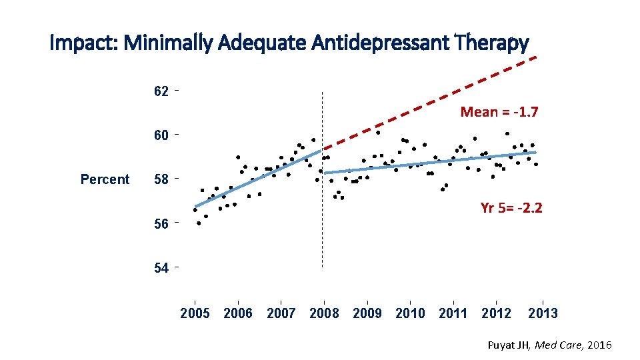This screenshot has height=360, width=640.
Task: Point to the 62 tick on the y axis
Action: coord(161,91)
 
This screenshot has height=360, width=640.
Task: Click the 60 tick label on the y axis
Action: coord(161,135)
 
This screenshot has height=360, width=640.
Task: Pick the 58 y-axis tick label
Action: coord(161,179)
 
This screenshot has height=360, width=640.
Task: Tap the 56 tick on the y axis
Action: coord(161,224)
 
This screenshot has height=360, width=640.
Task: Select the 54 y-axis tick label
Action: coord(161,268)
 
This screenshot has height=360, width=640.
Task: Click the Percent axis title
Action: coord(105,179)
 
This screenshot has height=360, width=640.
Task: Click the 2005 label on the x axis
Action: coord(195,313)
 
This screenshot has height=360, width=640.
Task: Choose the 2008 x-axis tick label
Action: coord(324,313)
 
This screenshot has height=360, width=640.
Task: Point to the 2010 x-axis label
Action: coord(410,313)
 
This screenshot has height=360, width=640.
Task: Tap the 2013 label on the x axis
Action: coord(543,313)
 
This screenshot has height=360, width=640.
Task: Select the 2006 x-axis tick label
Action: coord(238,313)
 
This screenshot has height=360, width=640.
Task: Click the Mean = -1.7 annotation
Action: coord(499,112)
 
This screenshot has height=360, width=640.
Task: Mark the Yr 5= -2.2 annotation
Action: coord(511,208)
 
